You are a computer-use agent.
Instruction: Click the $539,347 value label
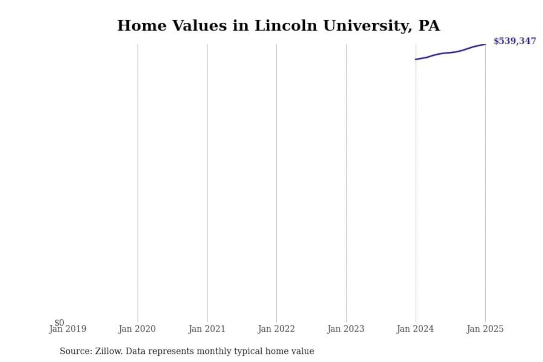click(x=514, y=41)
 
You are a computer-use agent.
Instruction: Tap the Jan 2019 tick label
click(x=68, y=329)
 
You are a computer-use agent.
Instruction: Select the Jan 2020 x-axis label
click(x=137, y=329)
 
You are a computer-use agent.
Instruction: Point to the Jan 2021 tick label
click(x=207, y=329)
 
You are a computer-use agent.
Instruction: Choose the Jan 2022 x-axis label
click(x=276, y=329)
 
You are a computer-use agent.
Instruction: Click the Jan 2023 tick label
click(x=346, y=329)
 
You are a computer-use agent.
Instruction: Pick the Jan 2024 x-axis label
click(x=415, y=329)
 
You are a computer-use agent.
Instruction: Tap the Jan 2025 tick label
click(x=485, y=329)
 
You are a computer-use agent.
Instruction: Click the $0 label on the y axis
click(x=59, y=322)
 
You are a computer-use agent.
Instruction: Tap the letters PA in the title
click(x=429, y=26)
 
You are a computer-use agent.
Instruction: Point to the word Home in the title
click(x=142, y=26)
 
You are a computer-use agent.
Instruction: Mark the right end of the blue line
click(x=485, y=44)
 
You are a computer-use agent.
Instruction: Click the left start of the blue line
click(x=416, y=59)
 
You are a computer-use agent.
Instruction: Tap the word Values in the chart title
click(x=199, y=26)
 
